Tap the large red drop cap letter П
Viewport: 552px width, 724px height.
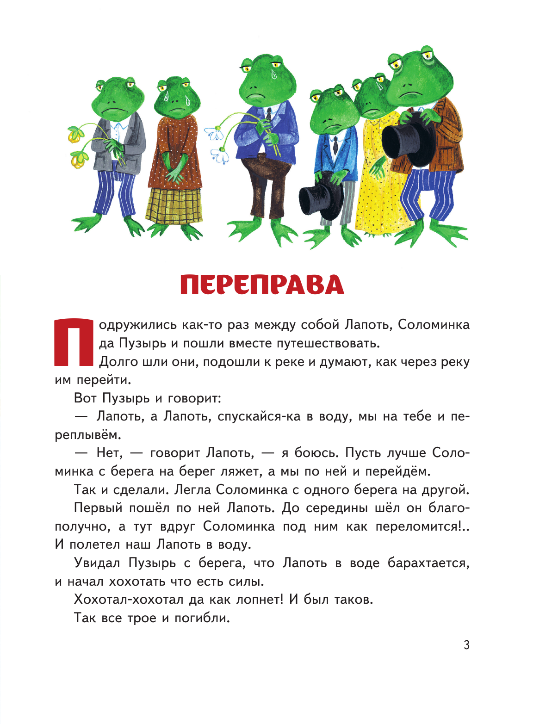(74, 341)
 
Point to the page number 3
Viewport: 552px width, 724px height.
(466, 644)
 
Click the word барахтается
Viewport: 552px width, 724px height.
(428, 563)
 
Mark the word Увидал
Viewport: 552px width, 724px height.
(97, 563)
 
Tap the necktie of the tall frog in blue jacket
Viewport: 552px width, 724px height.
(269, 114)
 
